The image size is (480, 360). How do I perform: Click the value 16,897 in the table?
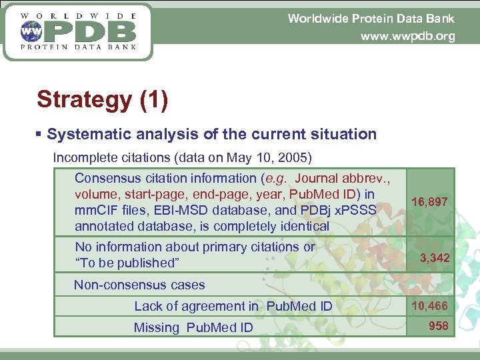click(429, 201)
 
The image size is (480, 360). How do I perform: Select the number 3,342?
click(434, 257)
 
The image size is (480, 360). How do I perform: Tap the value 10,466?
click(429, 306)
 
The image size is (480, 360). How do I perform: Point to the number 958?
click(438, 326)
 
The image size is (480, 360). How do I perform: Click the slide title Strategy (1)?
click(102, 99)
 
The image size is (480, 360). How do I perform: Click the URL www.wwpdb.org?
click(407, 36)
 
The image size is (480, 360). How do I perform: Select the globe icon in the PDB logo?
click(30, 31)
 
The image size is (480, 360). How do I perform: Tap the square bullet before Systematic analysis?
click(40, 135)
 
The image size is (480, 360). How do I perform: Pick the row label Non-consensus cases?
click(139, 285)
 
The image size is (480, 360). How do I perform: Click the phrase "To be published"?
click(127, 263)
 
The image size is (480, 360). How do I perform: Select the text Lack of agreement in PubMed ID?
click(233, 306)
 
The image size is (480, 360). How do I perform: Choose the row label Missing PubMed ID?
click(193, 327)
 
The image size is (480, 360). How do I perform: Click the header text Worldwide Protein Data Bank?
click(371, 19)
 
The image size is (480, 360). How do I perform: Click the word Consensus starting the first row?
click(106, 178)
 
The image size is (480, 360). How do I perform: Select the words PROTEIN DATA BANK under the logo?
click(79, 47)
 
